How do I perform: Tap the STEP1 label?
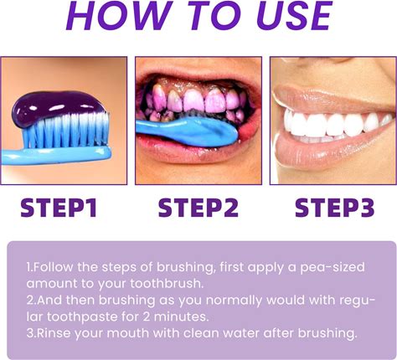pos(59,208)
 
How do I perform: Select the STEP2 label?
pos(198,208)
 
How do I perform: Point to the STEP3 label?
pos(334,208)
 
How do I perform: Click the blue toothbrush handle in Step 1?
pos(56,157)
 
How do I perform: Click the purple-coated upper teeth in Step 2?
pos(195,99)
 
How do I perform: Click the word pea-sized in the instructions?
pos(333,268)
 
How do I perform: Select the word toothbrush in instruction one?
pos(167,284)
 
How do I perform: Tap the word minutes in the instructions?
pos(181,316)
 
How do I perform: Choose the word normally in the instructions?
pos(235,301)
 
